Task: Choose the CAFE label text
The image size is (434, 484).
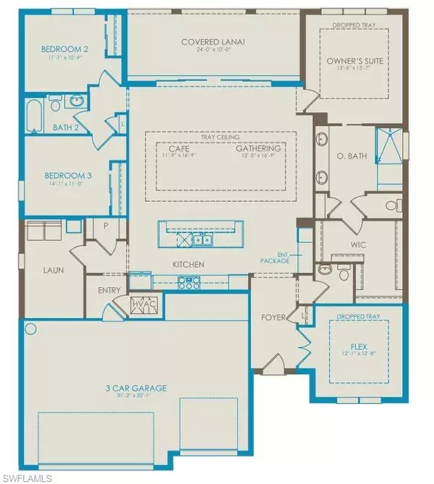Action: click(172, 148)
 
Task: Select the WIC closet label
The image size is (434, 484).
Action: click(358, 245)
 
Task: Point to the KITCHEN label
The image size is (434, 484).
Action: click(187, 264)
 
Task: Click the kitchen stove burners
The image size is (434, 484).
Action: click(193, 284)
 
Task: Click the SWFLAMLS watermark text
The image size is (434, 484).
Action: click(27, 475)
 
